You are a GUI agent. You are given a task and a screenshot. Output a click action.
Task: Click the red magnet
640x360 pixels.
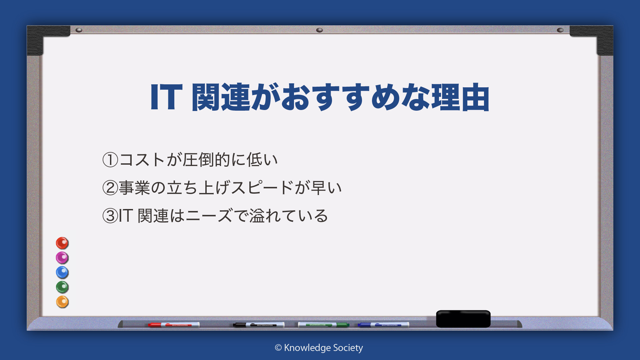[62, 243]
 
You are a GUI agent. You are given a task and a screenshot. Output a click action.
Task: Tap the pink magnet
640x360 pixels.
[62, 258]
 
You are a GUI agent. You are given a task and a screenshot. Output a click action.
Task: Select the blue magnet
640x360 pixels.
[62, 272]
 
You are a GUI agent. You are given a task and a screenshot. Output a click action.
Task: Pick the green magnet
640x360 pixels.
[62, 287]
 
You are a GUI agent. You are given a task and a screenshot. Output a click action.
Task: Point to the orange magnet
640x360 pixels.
[62, 302]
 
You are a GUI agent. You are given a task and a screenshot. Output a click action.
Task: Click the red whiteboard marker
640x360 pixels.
[174, 325]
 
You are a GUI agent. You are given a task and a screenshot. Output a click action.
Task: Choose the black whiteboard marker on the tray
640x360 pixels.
[259, 325]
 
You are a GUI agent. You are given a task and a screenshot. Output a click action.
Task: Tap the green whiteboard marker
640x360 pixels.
[323, 325]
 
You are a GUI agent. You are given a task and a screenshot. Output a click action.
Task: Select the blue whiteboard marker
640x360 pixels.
[383, 325]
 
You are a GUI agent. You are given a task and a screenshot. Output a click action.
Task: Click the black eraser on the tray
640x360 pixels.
[463, 319]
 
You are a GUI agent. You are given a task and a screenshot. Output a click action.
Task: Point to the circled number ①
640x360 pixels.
[110, 160]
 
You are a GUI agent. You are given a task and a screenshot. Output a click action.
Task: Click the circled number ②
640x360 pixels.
[110, 188]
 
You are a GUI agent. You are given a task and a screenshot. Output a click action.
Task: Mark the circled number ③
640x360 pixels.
[110, 216]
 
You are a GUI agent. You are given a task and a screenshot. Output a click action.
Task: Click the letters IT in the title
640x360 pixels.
[166, 97]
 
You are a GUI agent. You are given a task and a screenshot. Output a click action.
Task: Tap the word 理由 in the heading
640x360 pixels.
[461, 97]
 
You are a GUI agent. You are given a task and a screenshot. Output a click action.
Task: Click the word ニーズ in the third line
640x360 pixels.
[209, 216]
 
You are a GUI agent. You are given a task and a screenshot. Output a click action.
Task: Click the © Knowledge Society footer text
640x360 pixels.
[319, 348]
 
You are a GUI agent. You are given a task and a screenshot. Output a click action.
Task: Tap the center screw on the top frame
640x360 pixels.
[319, 30]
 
